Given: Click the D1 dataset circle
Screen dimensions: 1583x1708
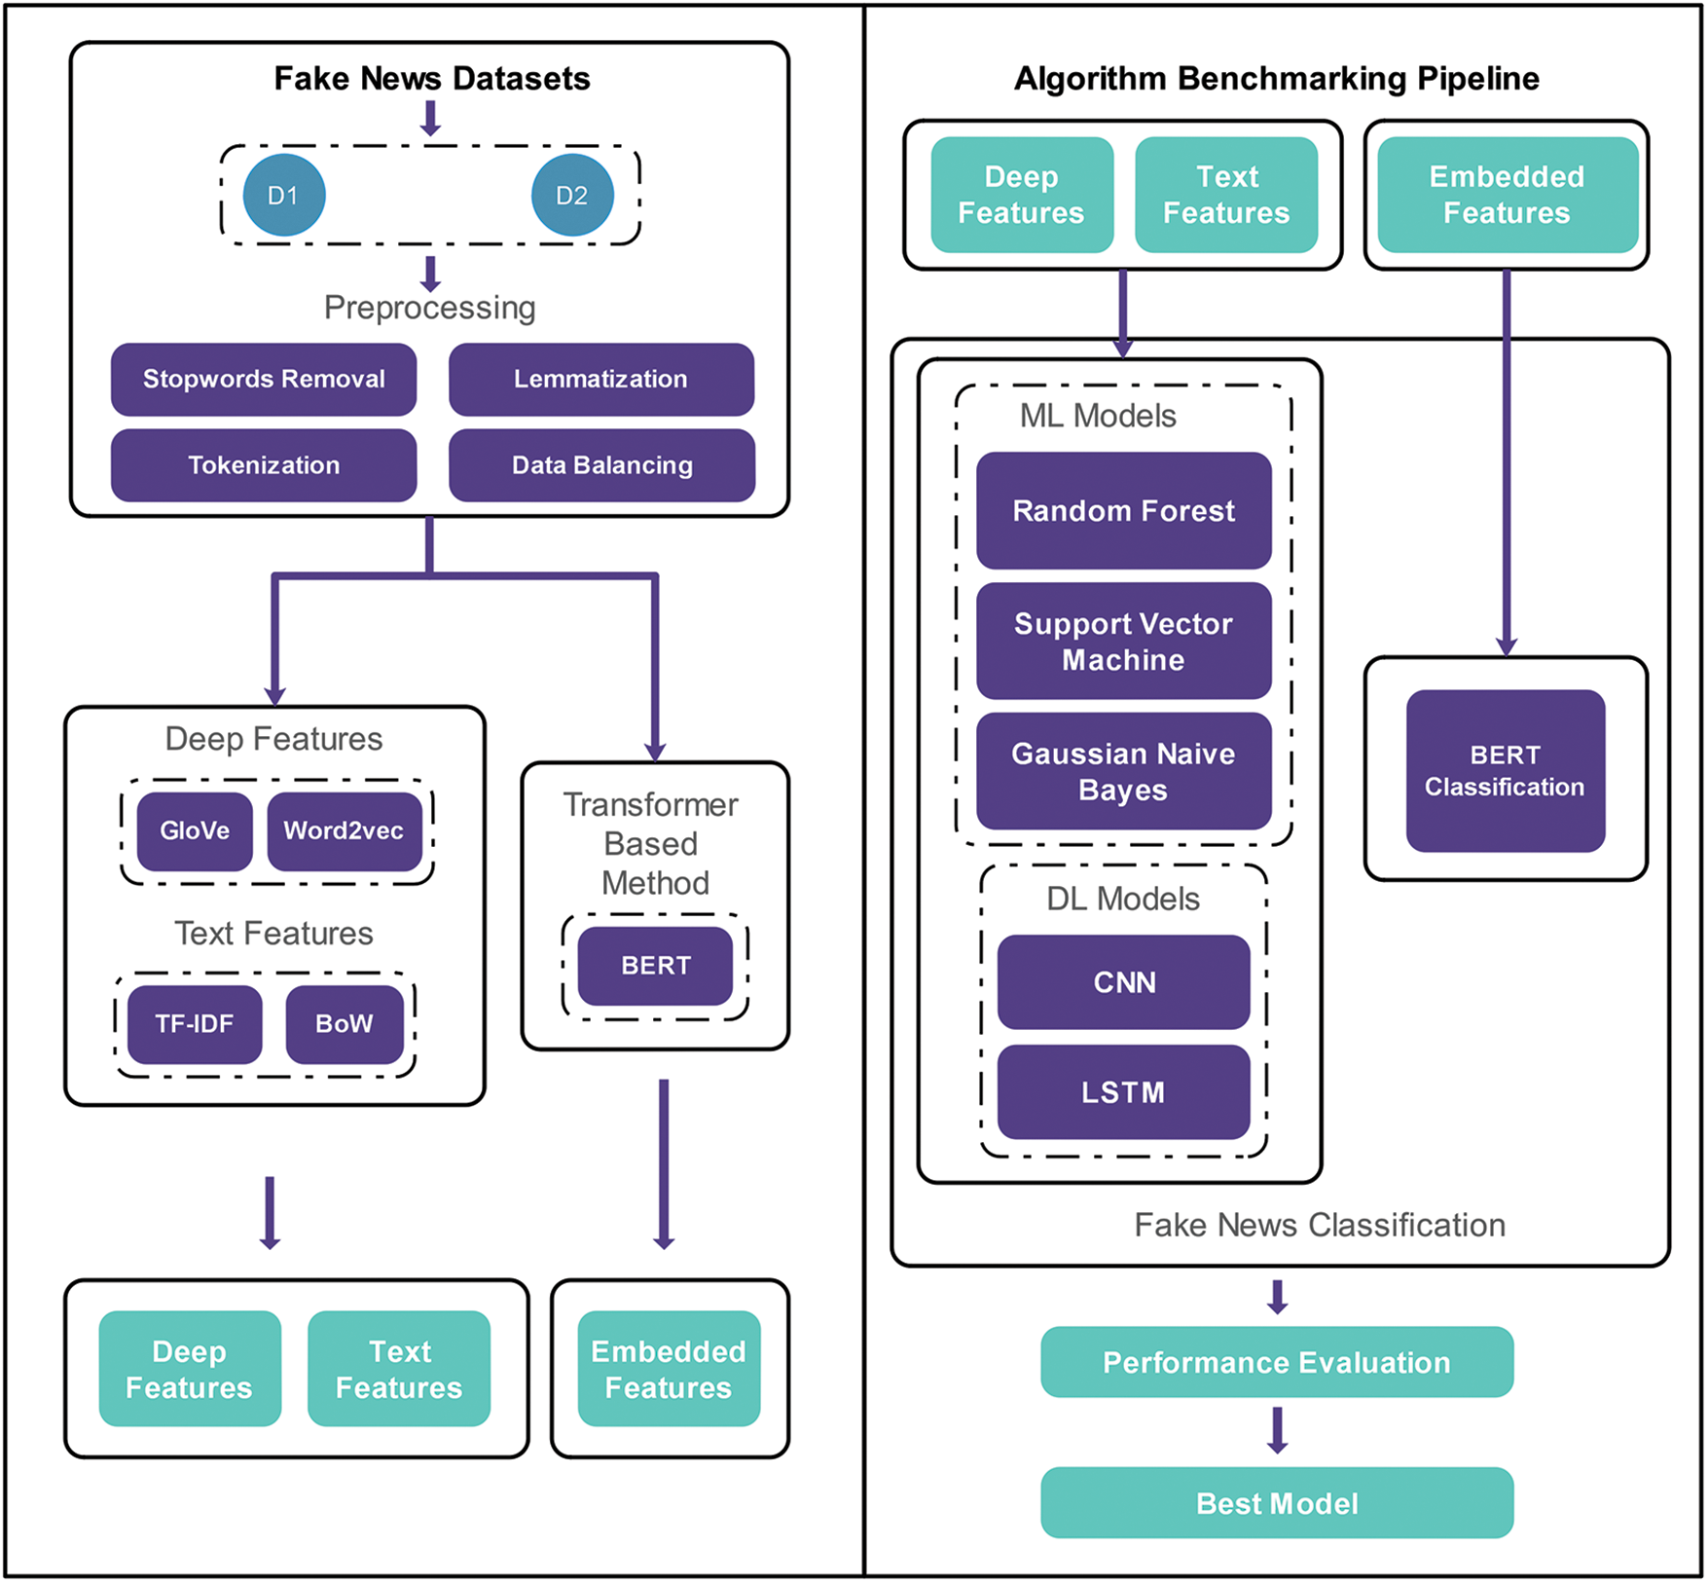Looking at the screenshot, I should pyautogui.click(x=283, y=195).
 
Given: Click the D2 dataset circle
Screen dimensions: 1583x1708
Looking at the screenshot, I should pyautogui.click(x=572, y=195).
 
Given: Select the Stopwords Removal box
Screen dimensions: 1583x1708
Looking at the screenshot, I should pyautogui.click(x=264, y=379).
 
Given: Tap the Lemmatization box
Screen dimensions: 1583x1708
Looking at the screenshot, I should pyautogui.click(x=600, y=379).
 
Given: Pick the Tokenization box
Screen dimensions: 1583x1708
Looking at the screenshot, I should pyautogui.click(x=264, y=464).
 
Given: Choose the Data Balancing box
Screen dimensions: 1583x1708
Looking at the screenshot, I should pyautogui.click(x=601, y=464).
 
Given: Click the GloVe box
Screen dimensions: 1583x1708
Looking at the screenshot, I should pyautogui.click(x=195, y=830).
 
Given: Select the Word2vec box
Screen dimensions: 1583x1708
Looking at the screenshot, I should pyautogui.click(x=344, y=830).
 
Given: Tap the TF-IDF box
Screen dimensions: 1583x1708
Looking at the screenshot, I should pyautogui.click(x=195, y=1023).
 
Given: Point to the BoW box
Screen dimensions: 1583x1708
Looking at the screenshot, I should pyautogui.click(x=345, y=1023).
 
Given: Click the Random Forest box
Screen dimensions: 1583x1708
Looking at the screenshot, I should pyautogui.click(x=1123, y=510).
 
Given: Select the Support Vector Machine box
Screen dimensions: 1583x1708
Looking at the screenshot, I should pyautogui.click(x=1123, y=641).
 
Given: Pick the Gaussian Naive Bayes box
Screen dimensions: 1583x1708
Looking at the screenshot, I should pyautogui.click(x=1123, y=771).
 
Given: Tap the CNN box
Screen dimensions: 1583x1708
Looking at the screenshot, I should pyautogui.click(x=1123, y=981).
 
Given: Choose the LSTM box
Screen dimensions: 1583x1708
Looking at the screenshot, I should pyautogui.click(x=1123, y=1091).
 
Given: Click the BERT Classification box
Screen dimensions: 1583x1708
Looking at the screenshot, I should pyautogui.click(x=1505, y=770).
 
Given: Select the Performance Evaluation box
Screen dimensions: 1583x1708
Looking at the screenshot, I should pyautogui.click(x=1276, y=1362).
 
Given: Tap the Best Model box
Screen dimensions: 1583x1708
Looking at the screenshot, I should pyautogui.click(x=1276, y=1502).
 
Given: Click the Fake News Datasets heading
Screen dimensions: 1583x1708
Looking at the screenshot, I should pyautogui.click(x=431, y=78).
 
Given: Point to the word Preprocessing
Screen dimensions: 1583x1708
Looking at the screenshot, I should pyautogui.click(x=429, y=308).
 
